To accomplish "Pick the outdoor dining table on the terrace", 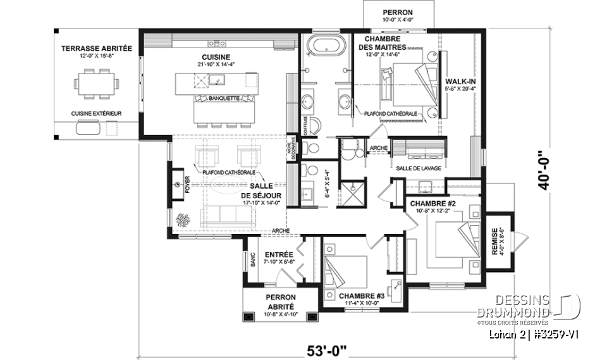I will point(96,83).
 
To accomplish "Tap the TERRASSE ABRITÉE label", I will point(96,49).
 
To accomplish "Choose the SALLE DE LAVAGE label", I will point(419,168).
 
